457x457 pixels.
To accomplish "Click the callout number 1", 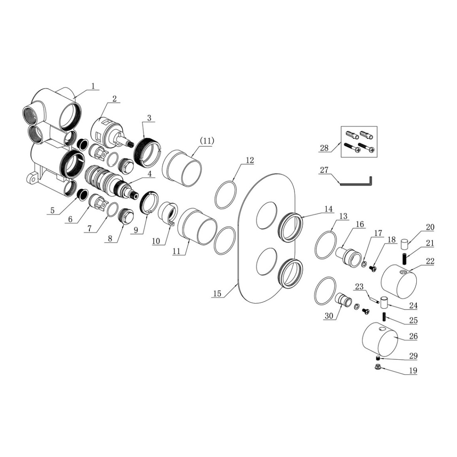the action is [x=93, y=86].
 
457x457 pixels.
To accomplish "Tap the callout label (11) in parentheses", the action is [x=207, y=141].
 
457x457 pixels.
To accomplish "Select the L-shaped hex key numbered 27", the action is [x=358, y=181].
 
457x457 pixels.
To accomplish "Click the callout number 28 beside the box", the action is [x=324, y=148].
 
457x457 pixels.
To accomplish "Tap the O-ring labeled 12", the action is [x=226, y=195].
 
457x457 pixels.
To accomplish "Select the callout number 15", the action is [x=217, y=293].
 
